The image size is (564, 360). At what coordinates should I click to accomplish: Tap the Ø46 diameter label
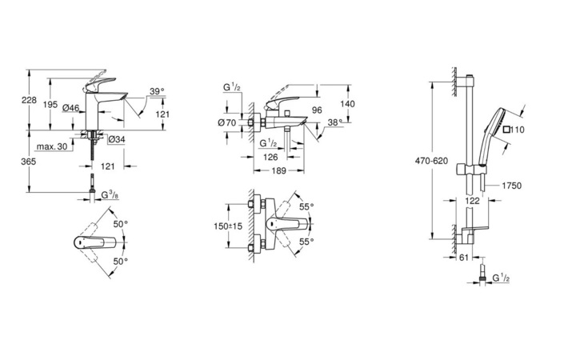point(70,107)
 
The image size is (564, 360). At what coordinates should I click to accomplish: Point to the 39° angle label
point(157,91)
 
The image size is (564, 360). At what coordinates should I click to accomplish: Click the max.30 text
point(51,145)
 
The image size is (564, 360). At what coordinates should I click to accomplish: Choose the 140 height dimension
point(346,104)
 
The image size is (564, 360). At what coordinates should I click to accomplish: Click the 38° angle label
point(334,122)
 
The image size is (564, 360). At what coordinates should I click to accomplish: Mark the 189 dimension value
point(277,170)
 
